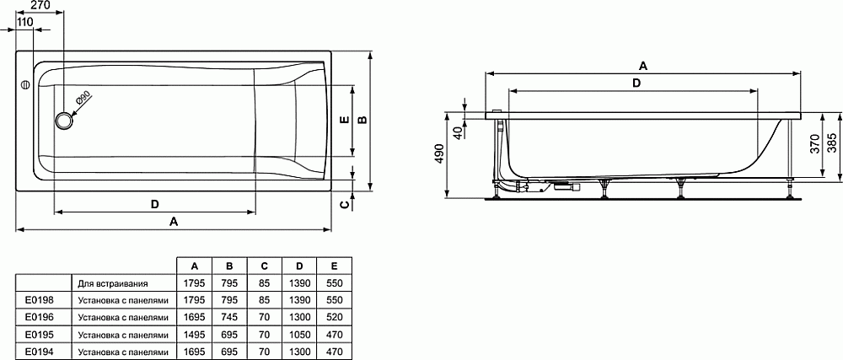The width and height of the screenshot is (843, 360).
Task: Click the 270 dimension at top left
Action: (40, 6)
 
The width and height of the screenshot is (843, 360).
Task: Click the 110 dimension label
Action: (24, 21)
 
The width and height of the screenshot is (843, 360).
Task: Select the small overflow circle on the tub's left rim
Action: (25, 85)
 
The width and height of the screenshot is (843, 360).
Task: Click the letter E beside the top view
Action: (342, 120)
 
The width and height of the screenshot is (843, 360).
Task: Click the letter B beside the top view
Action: (362, 120)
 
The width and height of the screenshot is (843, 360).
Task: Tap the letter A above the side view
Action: (642, 65)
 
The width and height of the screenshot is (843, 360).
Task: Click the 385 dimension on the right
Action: (831, 144)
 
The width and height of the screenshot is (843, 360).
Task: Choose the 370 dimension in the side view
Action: (813, 144)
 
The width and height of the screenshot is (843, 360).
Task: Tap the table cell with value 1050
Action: (298, 334)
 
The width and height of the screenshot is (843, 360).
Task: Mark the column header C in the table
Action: (264, 266)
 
